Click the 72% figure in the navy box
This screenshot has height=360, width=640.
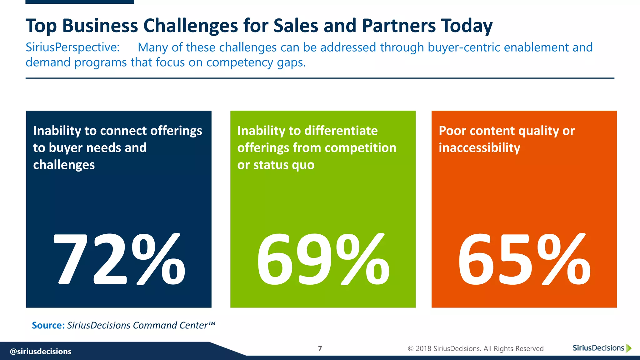point(119,259)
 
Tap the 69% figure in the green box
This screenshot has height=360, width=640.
point(323,259)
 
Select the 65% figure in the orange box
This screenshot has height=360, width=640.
point(524,259)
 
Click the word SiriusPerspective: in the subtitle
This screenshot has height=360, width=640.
point(72,47)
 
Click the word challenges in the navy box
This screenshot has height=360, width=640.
point(64,165)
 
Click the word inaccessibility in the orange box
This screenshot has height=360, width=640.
point(479,148)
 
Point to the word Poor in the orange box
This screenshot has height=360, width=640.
point(452,131)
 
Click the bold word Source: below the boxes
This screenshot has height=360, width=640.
point(48,325)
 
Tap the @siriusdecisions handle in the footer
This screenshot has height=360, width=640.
point(41,352)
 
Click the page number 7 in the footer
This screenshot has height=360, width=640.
point(320,349)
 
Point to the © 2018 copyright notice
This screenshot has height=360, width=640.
point(475,349)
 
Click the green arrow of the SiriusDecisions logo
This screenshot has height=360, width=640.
point(629,348)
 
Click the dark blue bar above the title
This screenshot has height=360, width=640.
point(80,2)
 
